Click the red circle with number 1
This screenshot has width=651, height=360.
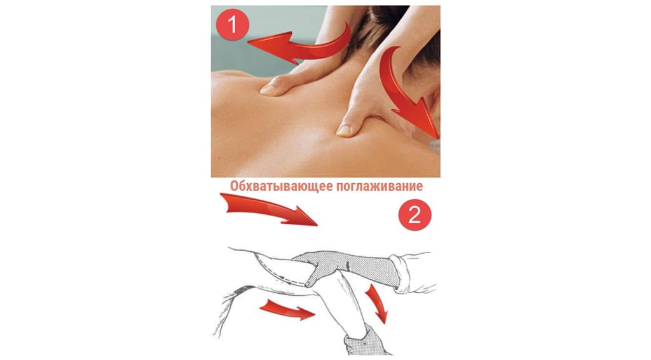233,24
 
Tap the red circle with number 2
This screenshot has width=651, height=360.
415,216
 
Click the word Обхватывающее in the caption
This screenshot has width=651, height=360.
280,186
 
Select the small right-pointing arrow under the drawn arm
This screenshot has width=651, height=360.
287,310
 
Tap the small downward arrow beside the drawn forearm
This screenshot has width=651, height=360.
377,303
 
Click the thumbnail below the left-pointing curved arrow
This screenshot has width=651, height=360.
268,90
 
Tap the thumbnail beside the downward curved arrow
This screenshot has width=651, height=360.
343,130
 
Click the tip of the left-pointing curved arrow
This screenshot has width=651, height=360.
248,41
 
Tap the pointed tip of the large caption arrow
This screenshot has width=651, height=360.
317,225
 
